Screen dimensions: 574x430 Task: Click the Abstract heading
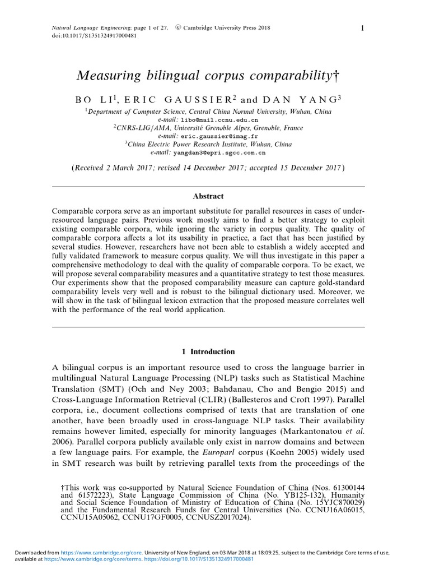[208, 196]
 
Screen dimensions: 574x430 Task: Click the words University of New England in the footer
[176, 552]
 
